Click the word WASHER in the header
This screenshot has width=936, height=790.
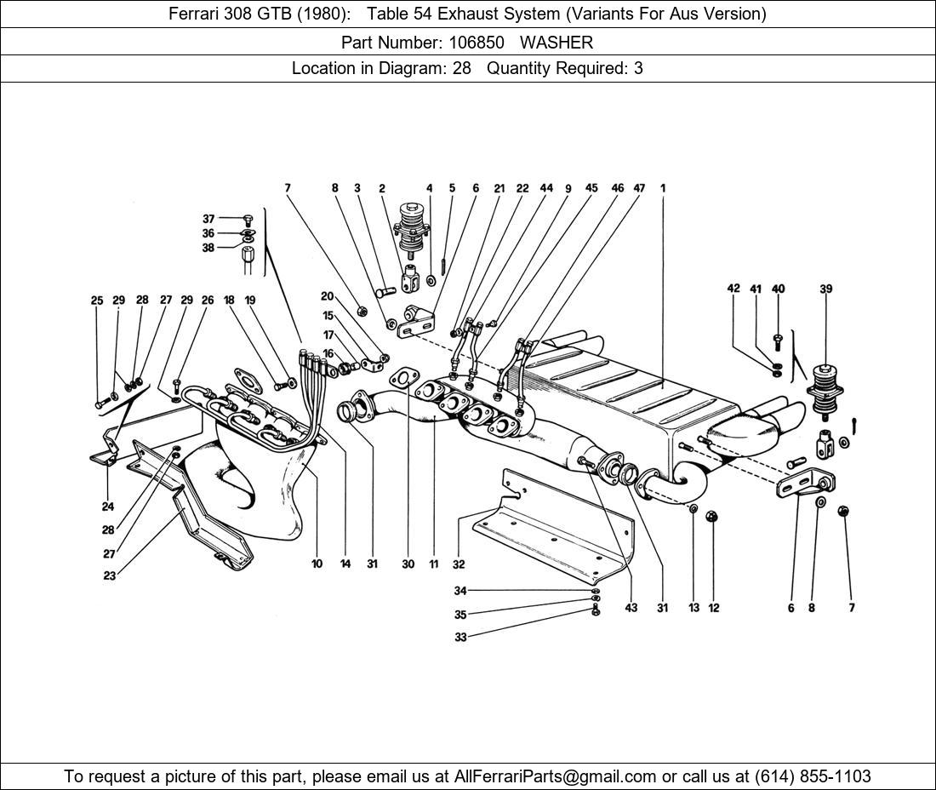pos(556,42)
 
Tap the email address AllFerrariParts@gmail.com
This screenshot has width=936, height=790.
pos(556,776)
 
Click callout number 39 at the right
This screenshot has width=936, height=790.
pos(825,289)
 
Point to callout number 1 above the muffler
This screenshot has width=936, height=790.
pos(662,189)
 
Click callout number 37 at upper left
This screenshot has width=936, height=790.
pos(208,219)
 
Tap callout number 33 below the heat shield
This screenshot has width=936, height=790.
pos(460,637)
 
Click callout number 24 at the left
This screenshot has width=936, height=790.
pos(108,507)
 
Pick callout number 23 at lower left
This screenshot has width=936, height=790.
pos(110,575)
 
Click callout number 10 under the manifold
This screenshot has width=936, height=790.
pos(317,564)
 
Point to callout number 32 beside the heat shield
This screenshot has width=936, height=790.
pos(459,564)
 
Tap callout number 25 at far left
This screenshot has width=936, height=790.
pos(97,301)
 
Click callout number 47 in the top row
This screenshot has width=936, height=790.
pos(639,189)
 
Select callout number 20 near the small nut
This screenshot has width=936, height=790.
pos(328,296)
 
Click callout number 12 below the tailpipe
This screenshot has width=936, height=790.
pos(714,608)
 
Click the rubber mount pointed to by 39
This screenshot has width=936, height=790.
pos(823,387)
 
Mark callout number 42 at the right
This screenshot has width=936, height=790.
pos(733,289)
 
